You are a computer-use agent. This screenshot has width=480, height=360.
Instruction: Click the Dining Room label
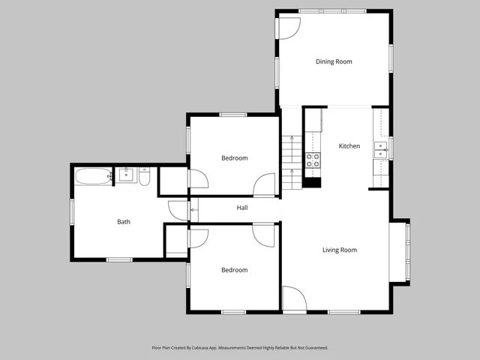point(333,61)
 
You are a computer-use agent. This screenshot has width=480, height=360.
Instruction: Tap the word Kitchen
point(349,146)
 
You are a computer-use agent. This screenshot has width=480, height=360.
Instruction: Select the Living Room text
point(339,250)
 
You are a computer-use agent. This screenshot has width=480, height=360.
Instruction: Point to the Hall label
point(242,208)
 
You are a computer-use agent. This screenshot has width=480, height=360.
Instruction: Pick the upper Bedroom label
point(234,158)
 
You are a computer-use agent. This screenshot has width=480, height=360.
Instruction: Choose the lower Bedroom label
point(234,270)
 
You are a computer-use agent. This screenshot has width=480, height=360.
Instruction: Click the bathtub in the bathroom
point(92,178)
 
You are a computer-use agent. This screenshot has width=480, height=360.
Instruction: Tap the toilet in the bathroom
point(145,177)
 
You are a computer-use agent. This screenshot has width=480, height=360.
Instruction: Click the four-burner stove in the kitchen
point(312,160)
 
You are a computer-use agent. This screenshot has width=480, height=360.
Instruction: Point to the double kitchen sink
point(381,146)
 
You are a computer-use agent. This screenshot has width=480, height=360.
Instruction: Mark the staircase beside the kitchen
point(291,154)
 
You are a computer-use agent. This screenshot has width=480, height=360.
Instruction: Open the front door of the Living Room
point(293,298)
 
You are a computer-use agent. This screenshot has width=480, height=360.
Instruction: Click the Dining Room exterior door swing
point(288,27)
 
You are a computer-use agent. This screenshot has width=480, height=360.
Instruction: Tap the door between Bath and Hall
point(178,211)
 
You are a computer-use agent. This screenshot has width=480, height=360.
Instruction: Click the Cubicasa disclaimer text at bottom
point(239,348)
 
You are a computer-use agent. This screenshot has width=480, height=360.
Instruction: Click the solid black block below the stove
point(311,181)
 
